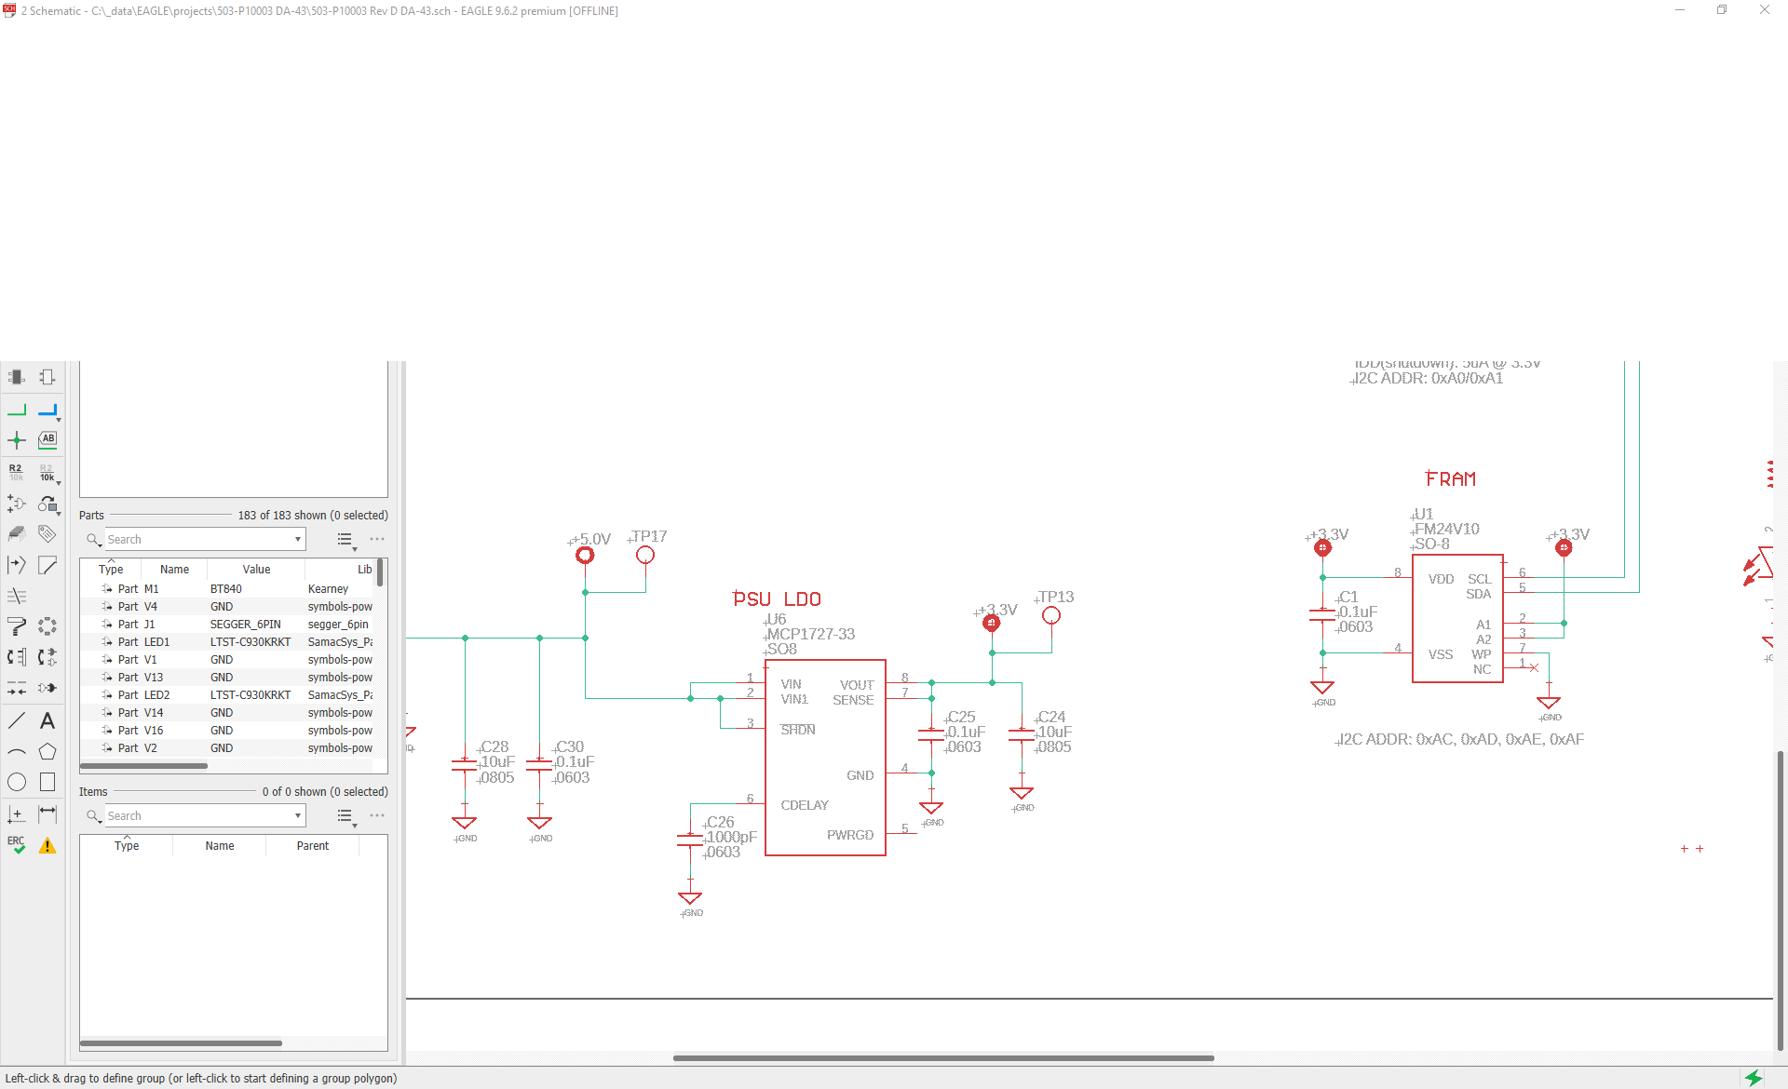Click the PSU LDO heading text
(x=777, y=599)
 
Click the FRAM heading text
(x=1451, y=479)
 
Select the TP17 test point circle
(x=645, y=556)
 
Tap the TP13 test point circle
(x=1051, y=616)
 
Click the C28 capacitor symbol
(x=464, y=765)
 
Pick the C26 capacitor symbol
(x=690, y=840)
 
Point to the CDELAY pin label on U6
(x=805, y=805)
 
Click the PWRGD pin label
(x=850, y=835)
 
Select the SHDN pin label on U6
(x=798, y=730)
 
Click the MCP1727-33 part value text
(x=811, y=634)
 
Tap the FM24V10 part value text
(x=1447, y=529)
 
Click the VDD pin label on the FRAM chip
(x=1441, y=579)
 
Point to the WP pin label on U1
(x=1482, y=654)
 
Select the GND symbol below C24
(x=1022, y=794)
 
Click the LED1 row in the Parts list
(x=156, y=642)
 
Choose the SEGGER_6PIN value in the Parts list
(x=245, y=625)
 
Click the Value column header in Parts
(x=256, y=570)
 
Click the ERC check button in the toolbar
(x=17, y=844)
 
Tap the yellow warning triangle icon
(x=47, y=846)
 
